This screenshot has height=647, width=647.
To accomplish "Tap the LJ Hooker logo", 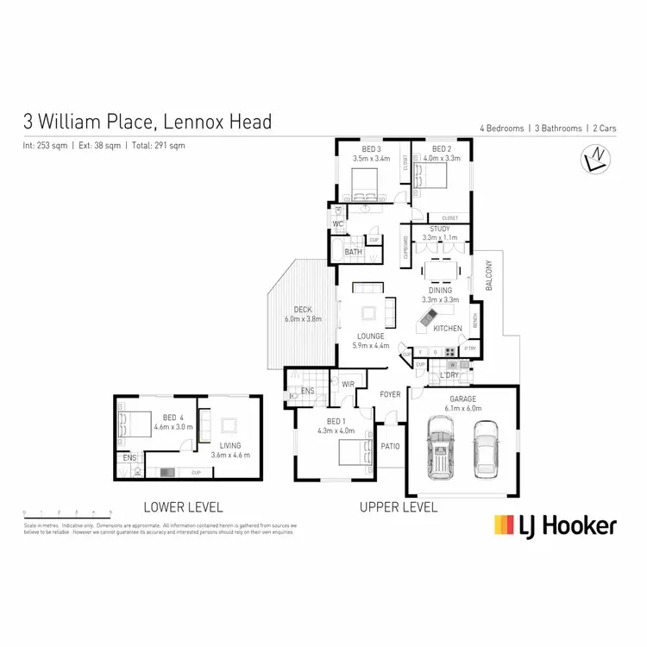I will click(x=555, y=525).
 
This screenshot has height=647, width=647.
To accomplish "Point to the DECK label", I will click(x=302, y=310).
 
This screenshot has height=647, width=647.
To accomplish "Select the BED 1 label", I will click(x=331, y=421).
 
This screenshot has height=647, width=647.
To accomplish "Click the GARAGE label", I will click(x=462, y=399).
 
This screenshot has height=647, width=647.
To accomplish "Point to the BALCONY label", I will click(x=488, y=276).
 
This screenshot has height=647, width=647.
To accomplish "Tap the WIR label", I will click(x=349, y=384).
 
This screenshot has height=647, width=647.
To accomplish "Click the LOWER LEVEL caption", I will click(x=183, y=507).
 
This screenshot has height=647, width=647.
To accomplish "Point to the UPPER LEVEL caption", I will click(x=399, y=507).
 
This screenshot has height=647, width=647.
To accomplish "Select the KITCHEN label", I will click(x=448, y=329).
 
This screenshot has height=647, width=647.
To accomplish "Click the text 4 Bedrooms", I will click(x=502, y=129).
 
